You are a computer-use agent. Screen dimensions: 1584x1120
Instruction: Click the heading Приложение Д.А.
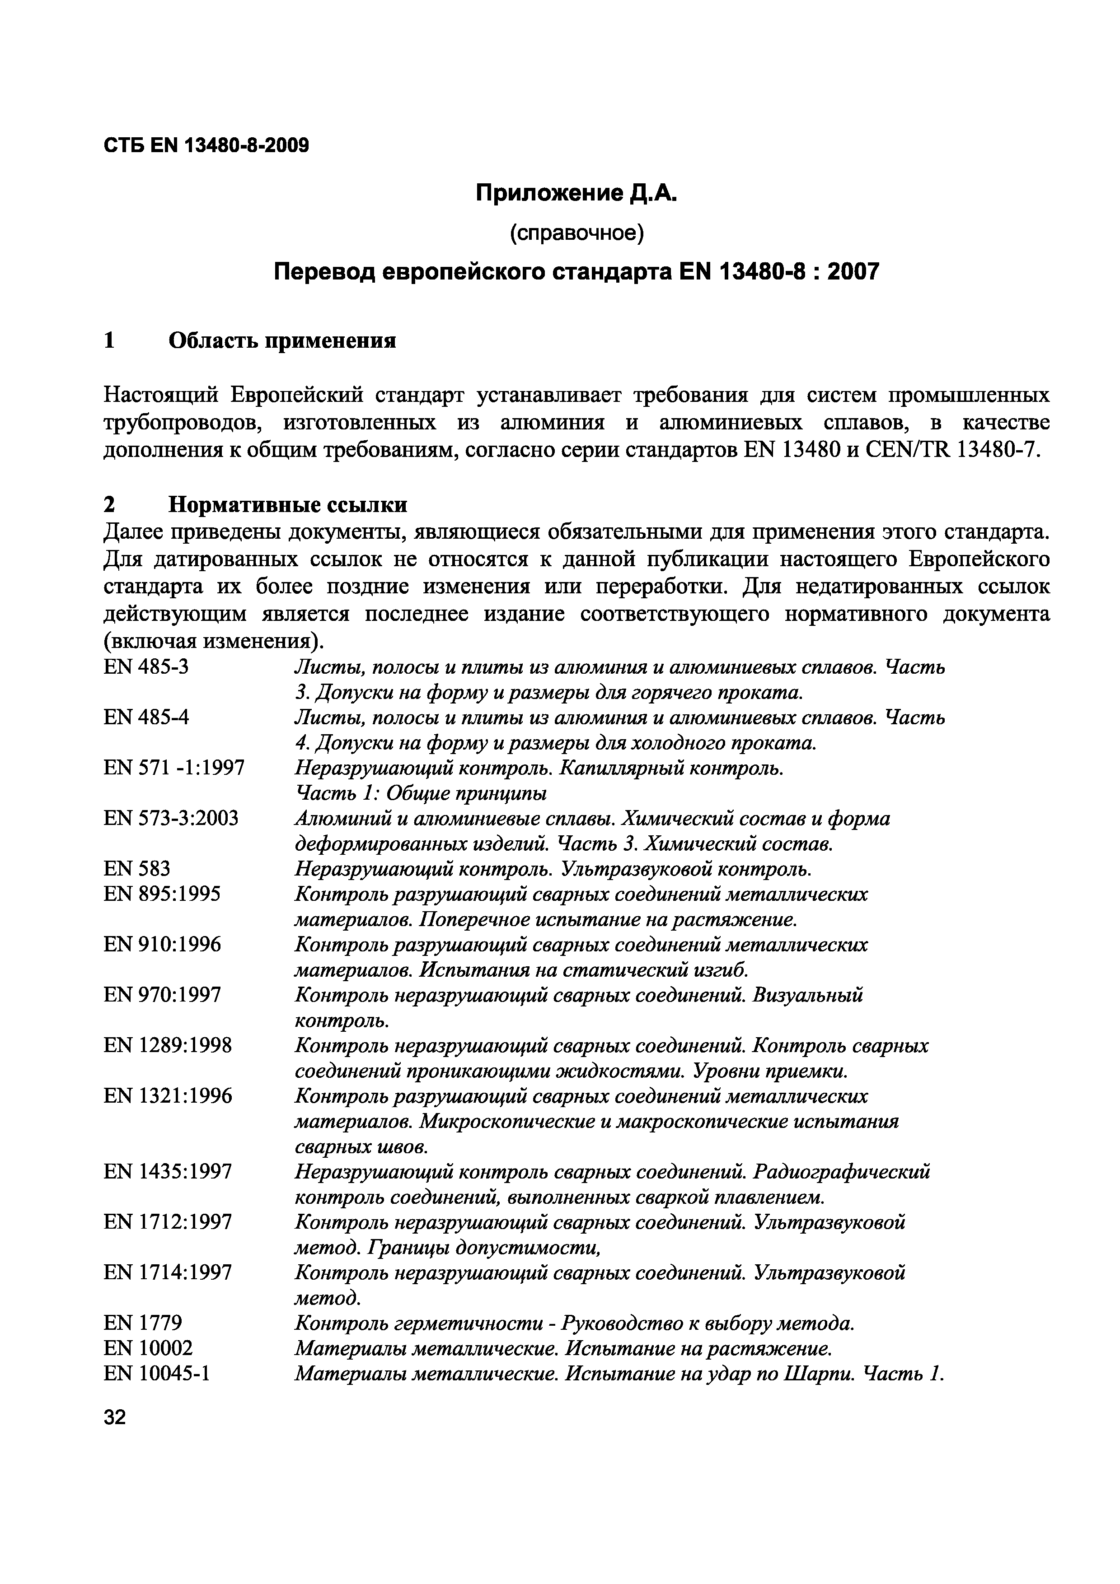577,195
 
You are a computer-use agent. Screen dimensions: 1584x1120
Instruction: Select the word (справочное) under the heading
577,234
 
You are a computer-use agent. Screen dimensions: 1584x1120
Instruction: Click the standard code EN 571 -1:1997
174,768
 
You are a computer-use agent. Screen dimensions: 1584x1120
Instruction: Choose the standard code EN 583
136,869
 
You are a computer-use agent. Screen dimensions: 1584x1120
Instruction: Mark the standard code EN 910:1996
162,945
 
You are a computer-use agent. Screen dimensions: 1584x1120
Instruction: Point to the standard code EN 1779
143,1323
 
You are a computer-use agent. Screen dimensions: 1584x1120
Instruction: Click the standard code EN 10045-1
157,1374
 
